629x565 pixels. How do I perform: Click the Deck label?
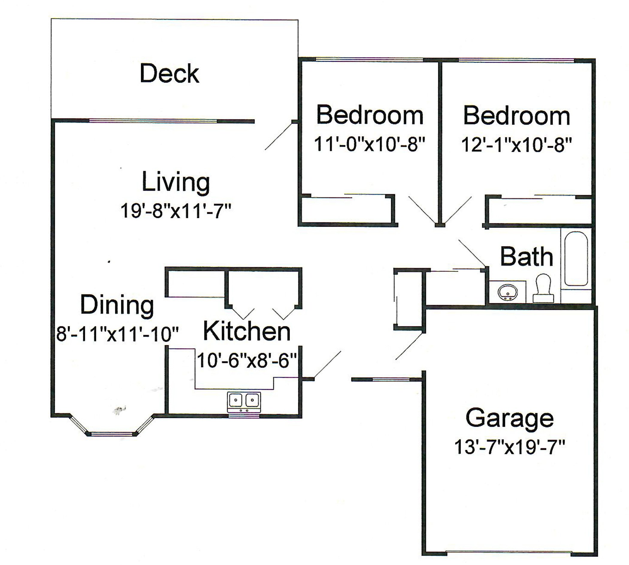pos(169,74)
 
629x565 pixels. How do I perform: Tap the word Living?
pos(176,182)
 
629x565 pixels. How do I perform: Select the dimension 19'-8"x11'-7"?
pos(176,211)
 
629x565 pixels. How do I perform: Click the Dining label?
pos(117,305)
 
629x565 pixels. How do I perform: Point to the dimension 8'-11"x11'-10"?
pos(117,334)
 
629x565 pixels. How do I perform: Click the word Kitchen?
pos(247,331)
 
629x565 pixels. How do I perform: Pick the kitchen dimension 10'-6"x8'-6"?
pos(247,361)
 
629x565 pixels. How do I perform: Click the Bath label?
pos(527,257)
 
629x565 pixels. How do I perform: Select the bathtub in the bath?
pos(576,258)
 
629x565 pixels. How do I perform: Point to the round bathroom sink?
pos(508,292)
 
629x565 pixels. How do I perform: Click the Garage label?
pos(509,419)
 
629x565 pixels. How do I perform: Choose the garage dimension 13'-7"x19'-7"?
pos(509,447)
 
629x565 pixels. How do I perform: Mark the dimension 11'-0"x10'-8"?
pos(369,144)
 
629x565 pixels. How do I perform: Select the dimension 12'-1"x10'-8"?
pos(516,145)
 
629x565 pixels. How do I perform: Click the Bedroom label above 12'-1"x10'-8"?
pos(516,116)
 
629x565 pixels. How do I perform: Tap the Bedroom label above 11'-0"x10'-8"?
pos(370,115)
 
